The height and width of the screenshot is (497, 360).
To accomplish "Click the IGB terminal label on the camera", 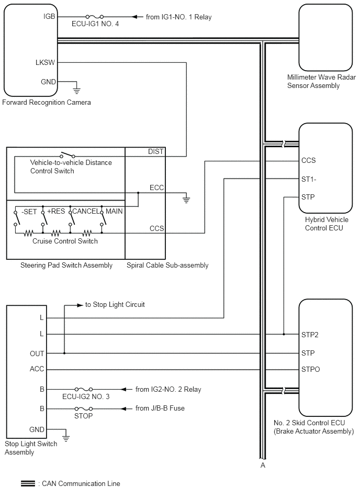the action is (x=49, y=16).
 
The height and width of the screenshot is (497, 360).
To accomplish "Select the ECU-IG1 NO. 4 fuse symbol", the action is (x=94, y=16).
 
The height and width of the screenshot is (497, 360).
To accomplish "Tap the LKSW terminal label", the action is (x=46, y=62).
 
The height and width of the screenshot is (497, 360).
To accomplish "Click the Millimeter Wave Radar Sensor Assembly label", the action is (x=321, y=82).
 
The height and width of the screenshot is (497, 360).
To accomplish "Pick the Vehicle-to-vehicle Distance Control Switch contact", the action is (x=67, y=155).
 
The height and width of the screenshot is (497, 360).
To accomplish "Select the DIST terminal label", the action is (x=155, y=151).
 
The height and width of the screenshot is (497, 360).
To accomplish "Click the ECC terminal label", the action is (x=157, y=187).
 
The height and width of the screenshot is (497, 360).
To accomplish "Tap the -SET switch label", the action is (x=29, y=212).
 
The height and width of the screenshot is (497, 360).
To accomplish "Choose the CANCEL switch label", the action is (x=86, y=211).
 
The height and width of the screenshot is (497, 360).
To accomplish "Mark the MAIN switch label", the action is (x=114, y=211).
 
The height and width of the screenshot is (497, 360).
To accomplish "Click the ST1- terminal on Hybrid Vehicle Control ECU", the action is (x=309, y=180).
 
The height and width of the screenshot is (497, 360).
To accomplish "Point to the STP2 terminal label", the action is (x=310, y=335).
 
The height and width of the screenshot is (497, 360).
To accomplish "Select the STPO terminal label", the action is (x=311, y=369).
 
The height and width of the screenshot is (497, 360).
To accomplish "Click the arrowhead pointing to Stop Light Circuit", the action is (x=80, y=305).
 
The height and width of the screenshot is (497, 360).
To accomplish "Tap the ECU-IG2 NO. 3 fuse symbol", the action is (x=84, y=389).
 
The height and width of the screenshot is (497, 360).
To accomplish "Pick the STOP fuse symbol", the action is (x=84, y=409).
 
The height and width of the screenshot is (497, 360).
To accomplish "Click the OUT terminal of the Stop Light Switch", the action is (x=37, y=354).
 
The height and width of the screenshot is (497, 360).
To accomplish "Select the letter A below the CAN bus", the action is (x=263, y=465).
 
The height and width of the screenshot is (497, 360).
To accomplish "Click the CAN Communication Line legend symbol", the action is (x=28, y=484).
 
